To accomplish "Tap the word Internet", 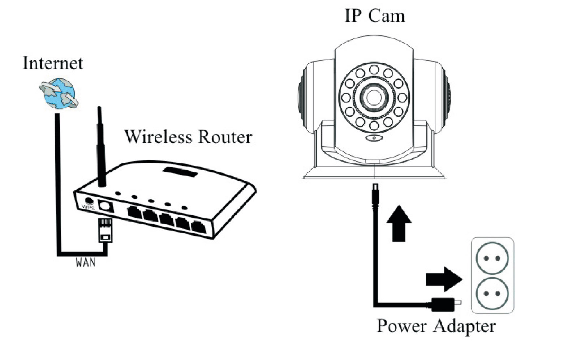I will tap(53, 63).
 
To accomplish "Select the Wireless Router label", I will tap(188, 137).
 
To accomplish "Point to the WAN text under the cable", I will tap(86, 262).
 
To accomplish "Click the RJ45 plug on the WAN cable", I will tap(105, 230).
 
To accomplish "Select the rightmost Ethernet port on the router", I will tap(198, 227).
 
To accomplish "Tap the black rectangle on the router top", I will tap(180, 172).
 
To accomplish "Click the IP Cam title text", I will tap(375, 16).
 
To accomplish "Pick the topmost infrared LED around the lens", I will tap(374, 69).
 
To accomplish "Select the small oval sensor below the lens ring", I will tap(374, 138).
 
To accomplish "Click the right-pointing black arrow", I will tap(444, 279).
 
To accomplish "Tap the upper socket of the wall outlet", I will tap(492, 258).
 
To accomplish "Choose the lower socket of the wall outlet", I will tap(492, 293).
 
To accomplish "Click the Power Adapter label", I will tap(436, 326).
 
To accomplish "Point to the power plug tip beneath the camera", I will tap(375, 192).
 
